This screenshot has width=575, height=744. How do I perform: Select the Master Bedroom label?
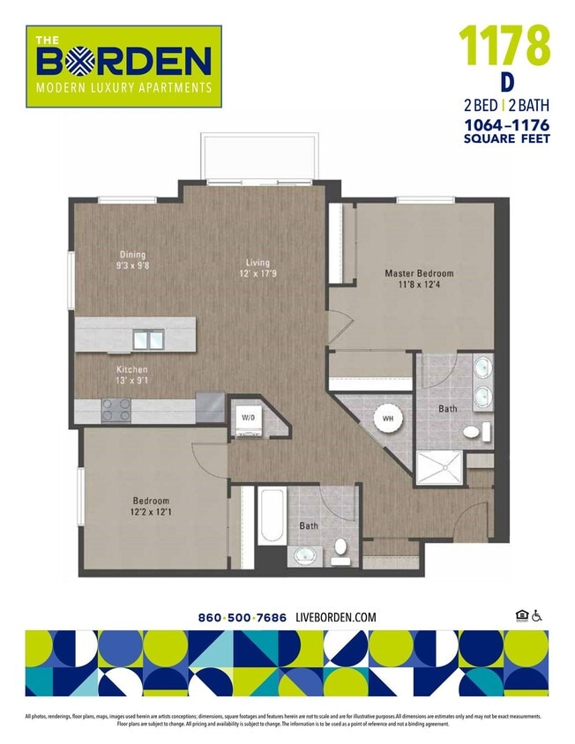click(418, 273)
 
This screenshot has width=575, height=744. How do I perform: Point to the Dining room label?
click(132, 255)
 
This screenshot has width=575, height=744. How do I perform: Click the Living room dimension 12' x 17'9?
click(258, 273)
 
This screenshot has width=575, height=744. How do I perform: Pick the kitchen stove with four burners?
click(116, 409)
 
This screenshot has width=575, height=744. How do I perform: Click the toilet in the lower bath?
click(340, 554)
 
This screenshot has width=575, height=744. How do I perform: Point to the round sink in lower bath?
click(305, 555)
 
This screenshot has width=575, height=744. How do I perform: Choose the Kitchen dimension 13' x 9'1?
click(131, 381)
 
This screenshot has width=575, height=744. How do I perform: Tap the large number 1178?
click(504, 46)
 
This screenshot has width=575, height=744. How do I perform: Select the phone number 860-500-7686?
click(243, 617)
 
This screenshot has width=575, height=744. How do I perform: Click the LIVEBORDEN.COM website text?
click(336, 617)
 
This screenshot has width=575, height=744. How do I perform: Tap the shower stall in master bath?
click(437, 466)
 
